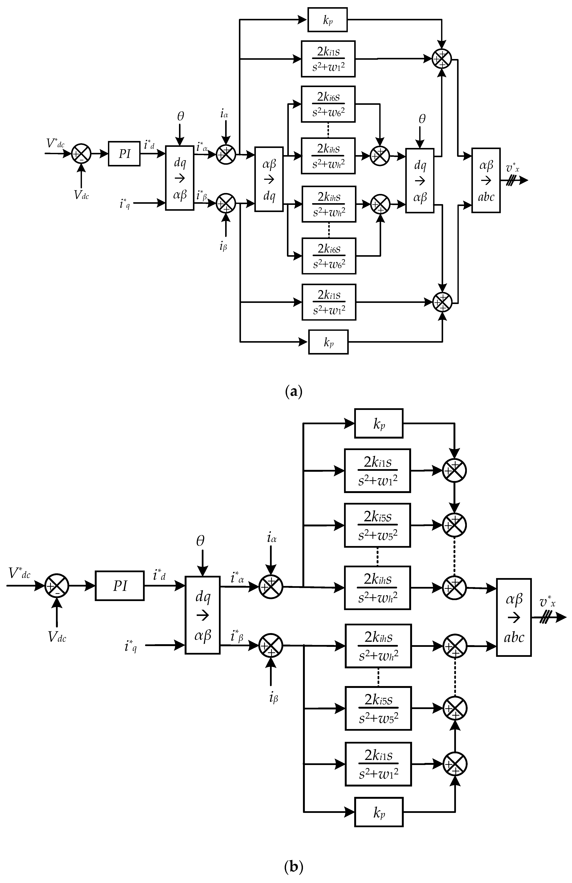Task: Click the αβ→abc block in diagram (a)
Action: click(x=486, y=180)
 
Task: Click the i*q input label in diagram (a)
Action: click(x=125, y=203)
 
